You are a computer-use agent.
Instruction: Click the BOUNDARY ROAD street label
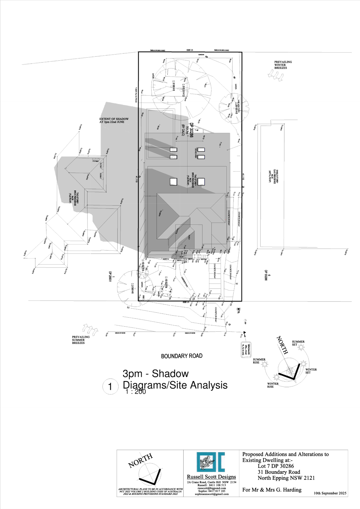182,356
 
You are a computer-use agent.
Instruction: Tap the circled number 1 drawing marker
110,387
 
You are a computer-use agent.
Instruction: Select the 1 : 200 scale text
136,392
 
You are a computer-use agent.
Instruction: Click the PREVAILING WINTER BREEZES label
283,65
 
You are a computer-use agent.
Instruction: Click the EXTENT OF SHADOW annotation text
114,120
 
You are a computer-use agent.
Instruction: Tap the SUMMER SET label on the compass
298,343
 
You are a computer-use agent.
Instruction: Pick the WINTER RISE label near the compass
273,385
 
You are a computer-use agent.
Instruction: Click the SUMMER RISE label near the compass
259,361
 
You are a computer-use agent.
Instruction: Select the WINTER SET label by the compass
311,371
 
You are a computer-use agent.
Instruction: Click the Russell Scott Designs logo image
211,462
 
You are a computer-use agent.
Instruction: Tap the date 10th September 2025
330,493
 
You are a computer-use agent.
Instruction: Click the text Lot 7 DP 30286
276,466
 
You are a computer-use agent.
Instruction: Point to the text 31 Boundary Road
279,472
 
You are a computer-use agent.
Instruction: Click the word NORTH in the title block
140,461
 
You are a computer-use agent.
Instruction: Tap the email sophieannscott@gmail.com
212,494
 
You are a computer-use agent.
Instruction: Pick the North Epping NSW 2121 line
286,478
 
